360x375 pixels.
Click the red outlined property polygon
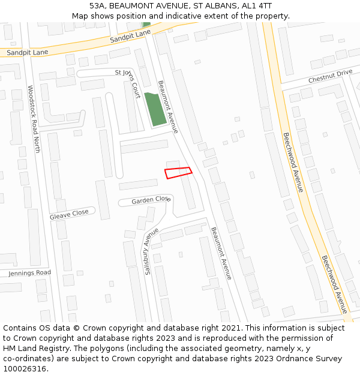click(178, 173)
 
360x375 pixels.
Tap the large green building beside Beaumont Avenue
click(155, 109)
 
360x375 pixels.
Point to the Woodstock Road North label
click(33, 118)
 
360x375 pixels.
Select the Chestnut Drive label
click(330, 77)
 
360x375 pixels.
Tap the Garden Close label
click(151, 200)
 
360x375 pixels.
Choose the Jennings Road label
click(30, 273)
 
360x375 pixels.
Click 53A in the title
click(97, 5)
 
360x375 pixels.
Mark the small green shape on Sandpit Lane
click(146, 25)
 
